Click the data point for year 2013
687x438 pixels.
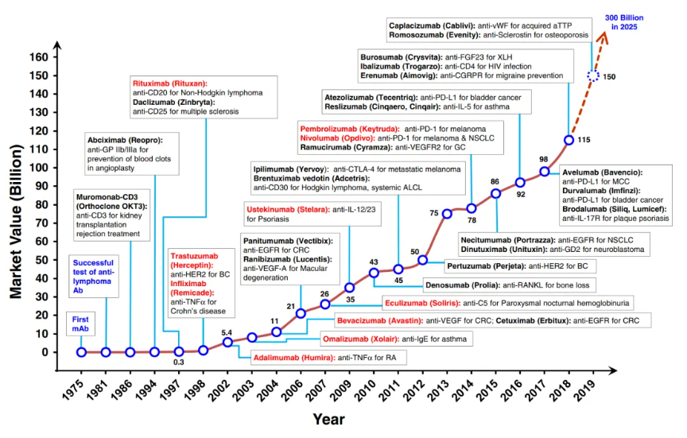[x=447, y=213]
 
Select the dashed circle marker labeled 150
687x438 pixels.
[x=593, y=76]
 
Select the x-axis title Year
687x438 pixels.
[x=328, y=417]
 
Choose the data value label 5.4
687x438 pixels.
[x=227, y=332]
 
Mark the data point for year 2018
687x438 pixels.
[x=569, y=140]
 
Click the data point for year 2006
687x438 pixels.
[x=301, y=313]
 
